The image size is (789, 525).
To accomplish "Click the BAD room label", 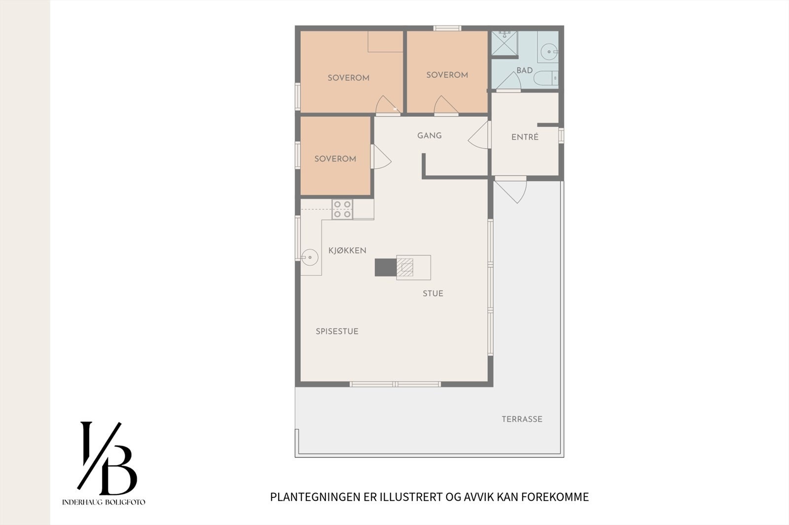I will click(524, 70).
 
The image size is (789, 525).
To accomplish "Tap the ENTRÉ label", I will click(525, 137).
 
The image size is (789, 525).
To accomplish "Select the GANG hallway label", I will click(429, 135).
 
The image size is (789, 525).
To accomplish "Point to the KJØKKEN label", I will click(347, 251).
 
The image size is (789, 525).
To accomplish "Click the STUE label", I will click(432, 294).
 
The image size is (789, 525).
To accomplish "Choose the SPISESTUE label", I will click(337, 331).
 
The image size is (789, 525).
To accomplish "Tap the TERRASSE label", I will click(522, 419).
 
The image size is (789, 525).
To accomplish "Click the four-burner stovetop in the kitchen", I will click(342, 209).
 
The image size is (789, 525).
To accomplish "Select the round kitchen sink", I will click(310, 257).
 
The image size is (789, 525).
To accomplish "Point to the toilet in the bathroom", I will click(547, 78).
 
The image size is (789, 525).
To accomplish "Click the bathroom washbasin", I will click(549, 51).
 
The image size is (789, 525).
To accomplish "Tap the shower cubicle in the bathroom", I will click(503, 44).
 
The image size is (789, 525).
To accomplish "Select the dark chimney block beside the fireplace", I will click(385, 268).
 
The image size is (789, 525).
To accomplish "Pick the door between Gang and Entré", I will click(480, 134).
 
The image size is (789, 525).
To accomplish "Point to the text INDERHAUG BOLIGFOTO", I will click(104, 502).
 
